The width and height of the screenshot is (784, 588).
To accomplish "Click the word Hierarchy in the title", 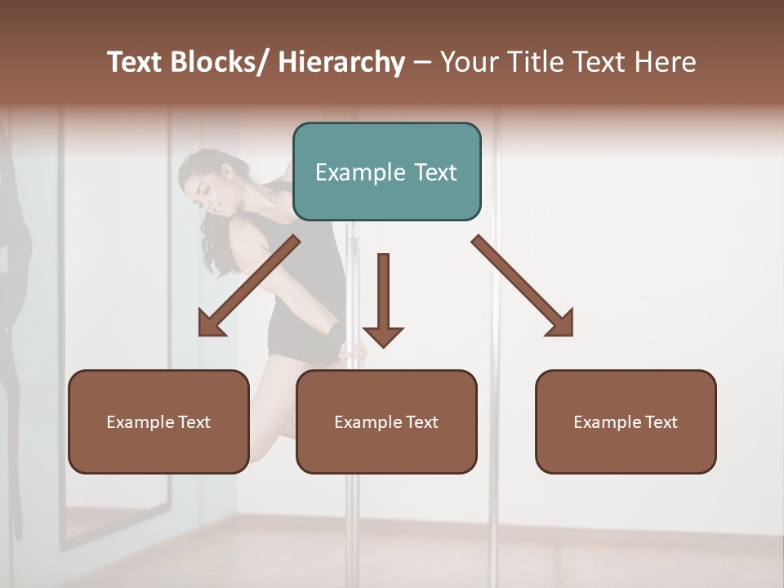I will pyautogui.click(x=341, y=63).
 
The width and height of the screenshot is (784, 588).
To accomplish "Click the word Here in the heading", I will pyautogui.click(x=666, y=63).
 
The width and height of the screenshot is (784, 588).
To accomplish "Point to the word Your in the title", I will pyautogui.click(x=469, y=63).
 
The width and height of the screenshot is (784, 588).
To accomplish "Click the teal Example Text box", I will pyautogui.click(x=386, y=172).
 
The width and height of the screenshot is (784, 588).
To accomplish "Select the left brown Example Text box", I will pyautogui.click(x=158, y=422).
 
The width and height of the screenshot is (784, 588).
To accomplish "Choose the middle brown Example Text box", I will pyautogui.click(x=386, y=422).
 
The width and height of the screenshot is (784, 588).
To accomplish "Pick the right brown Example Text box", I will pyautogui.click(x=626, y=422).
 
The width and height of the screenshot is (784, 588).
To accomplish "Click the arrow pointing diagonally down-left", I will pyautogui.click(x=249, y=286).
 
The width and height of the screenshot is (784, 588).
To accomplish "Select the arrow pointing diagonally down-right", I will pyautogui.click(x=523, y=286).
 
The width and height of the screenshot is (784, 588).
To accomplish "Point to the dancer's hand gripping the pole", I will pyautogui.click(x=355, y=353).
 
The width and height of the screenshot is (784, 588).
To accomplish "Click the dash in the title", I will pyautogui.click(x=422, y=63).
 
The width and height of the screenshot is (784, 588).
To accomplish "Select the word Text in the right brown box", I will pyautogui.click(x=660, y=422).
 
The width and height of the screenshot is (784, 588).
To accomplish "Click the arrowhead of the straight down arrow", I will pyautogui.click(x=383, y=336).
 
